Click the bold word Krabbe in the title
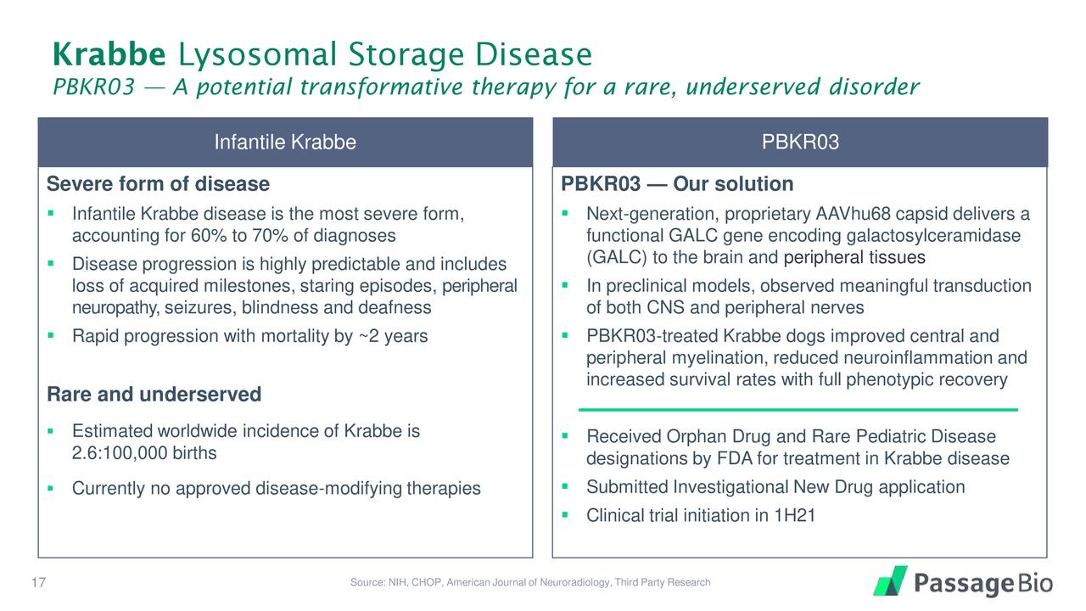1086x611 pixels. (x=109, y=55)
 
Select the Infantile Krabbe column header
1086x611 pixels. (x=285, y=143)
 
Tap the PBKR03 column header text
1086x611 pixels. (x=800, y=143)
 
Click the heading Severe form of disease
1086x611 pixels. (x=158, y=184)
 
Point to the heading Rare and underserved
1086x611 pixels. (x=154, y=395)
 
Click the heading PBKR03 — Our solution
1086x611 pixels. (x=678, y=184)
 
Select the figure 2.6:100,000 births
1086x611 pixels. (x=144, y=453)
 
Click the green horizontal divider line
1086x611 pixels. (x=798, y=409)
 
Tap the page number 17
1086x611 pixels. (x=36, y=582)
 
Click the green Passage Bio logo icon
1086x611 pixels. (x=890, y=581)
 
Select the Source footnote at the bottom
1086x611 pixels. (x=529, y=582)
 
